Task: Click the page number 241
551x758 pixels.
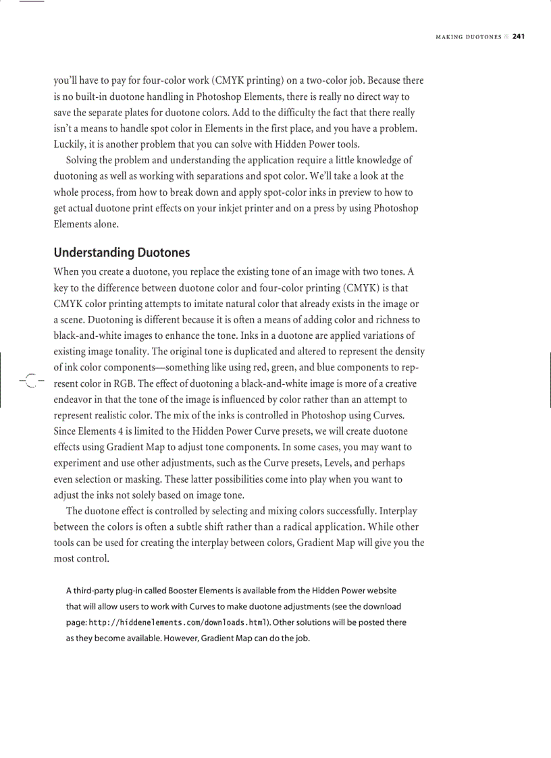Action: [518, 36]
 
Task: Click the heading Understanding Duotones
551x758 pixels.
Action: [122, 253]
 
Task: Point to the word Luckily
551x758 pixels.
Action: [71, 144]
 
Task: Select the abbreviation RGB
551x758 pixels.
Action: [117, 383]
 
